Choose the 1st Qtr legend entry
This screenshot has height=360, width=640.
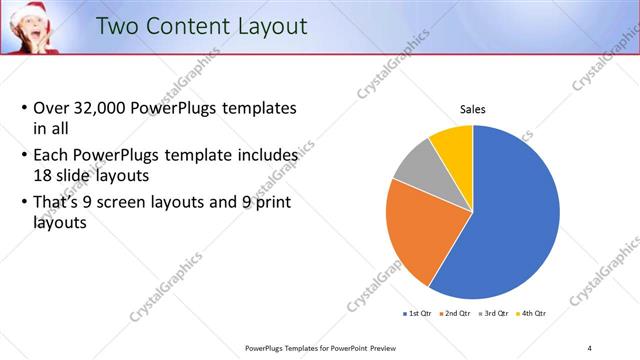pos(418,313)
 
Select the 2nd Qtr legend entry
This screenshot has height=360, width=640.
pos(459,313)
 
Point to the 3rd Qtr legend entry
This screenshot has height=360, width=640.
pos(497,313)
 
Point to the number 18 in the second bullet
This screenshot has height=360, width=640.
pos(44,174)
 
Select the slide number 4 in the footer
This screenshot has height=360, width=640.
pos(590,348)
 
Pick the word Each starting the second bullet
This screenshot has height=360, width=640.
pos(51,156)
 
